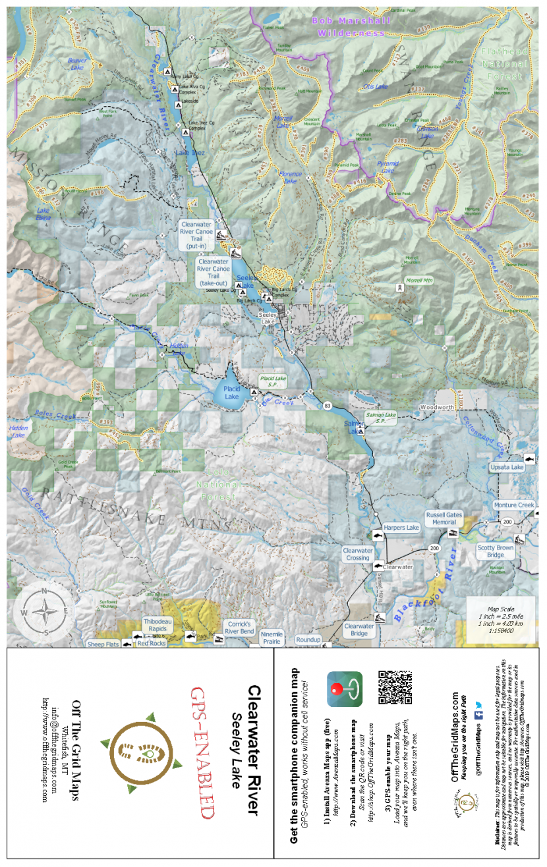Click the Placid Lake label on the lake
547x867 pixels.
tap(231, 393)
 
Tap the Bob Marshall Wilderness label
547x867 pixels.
tap(351, 26)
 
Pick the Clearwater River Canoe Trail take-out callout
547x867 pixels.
tap(214, 272)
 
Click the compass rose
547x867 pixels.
tap(43, 611)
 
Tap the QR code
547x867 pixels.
tap(395, 688)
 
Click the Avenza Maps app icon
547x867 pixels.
tap(345, 689)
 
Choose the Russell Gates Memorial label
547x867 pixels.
tap(444, 518)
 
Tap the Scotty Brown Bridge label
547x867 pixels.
tap(496, 551)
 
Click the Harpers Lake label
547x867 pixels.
tap(401, 528)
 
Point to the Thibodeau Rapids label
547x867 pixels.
tap(157, 625)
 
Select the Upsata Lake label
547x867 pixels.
tap(507, 467)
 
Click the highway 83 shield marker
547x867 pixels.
tap(328, 406)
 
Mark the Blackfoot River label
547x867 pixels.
tap(424, 592)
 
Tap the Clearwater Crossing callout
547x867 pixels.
tap(358, 554)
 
